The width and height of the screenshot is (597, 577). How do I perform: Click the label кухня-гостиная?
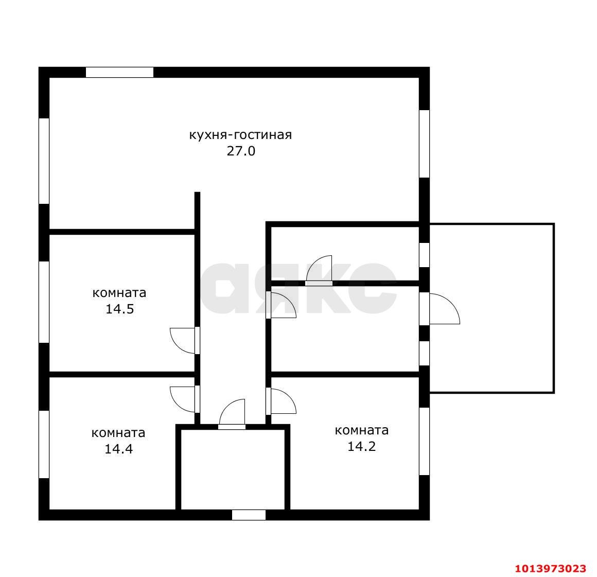(x=241, y=135)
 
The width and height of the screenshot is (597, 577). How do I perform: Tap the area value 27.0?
(x=241, y=151)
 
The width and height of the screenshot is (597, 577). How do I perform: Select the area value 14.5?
(x=119, y=309)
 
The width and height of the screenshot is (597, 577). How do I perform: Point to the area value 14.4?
(x=118, y=449)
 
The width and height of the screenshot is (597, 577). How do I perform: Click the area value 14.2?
(x=361, y=446)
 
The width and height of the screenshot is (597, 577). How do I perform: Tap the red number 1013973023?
(x=551, y=569)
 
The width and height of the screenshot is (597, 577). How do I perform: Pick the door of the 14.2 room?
(x=281, y=401)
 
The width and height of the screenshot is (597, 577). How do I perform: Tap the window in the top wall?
(x=119, y=73)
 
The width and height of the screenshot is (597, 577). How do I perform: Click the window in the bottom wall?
(x=249, y=515)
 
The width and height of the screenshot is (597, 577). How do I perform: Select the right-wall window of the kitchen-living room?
(x=424, y=144)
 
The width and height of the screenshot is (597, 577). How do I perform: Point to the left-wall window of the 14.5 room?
(x=44, y=302)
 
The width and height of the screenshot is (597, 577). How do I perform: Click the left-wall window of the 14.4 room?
(x=44, y=445)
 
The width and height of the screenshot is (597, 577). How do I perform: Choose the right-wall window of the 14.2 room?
(x=424, y=442)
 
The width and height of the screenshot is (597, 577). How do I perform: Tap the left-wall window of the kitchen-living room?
(x=44, y=161)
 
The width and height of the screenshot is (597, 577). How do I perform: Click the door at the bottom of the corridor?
(x=232, y=414)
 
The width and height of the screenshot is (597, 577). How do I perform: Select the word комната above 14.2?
(x=362, y=430)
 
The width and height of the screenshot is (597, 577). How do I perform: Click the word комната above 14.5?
(x=119, y=293)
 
